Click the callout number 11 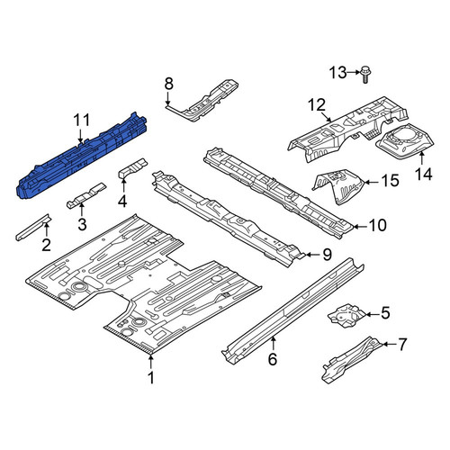point(82,121)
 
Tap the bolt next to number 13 point(365,74)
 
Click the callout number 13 point(338,73)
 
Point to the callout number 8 point(169,84)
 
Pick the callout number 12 point(317,105)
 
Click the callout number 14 point(424,175)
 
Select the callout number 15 point(390,181)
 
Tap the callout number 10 point(378,225)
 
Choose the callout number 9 point(327,255)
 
